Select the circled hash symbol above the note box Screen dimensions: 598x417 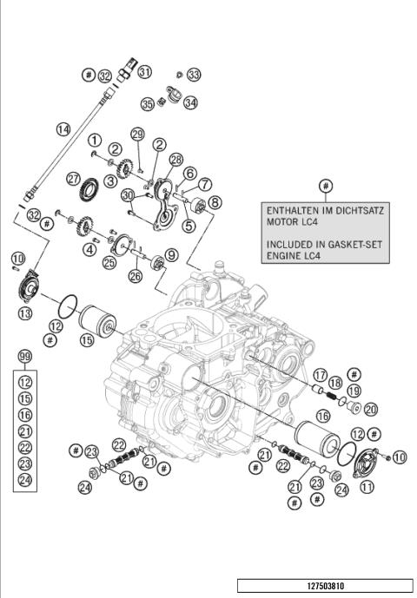tap(326, 186)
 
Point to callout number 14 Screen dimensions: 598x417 tap(63, 129)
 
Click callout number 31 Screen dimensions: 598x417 tap(144, 71)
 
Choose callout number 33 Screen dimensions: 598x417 tap(193, 75)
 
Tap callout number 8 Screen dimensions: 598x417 tap(215, 201)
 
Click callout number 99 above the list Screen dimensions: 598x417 tap(25, 358)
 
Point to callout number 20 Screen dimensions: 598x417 tap(370, 409)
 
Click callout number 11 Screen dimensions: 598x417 tap(367, 487)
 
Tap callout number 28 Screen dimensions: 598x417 tap(176, 160)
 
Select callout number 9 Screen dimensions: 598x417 tap(172, 255)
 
